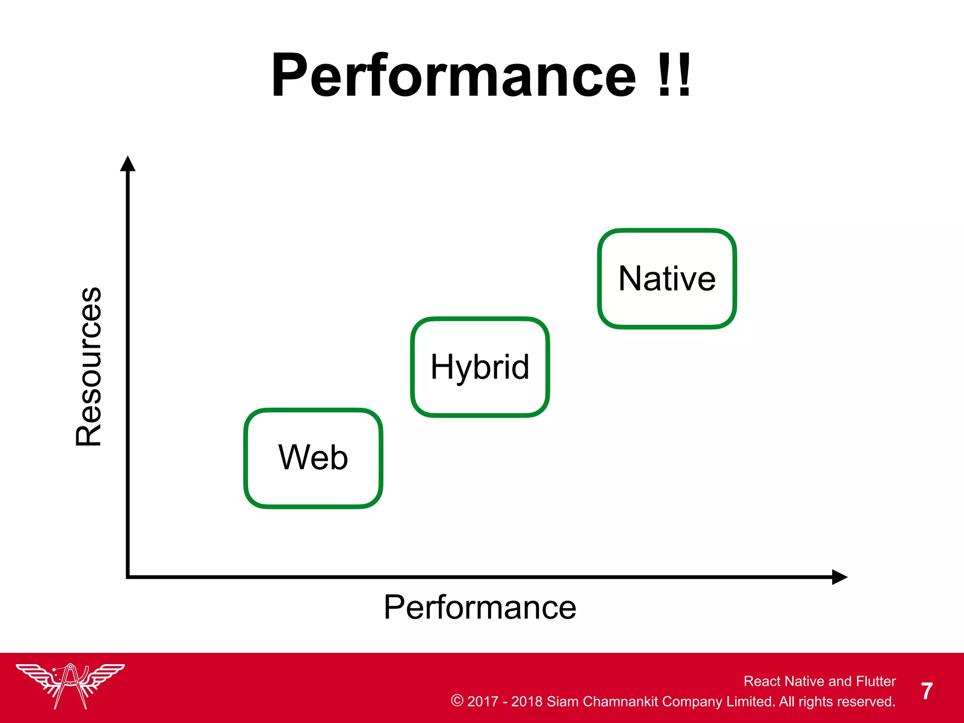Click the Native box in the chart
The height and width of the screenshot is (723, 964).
coord(667,279)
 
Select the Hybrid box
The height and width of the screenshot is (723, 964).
coord(480,367)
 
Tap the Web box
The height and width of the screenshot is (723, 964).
coord(313,458)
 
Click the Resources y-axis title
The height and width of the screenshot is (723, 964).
coord(88,366)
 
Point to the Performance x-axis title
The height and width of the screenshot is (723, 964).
coord(480,607)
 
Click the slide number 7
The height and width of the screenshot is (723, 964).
coord(927,691)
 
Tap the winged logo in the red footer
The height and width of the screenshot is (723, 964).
coord(70,685)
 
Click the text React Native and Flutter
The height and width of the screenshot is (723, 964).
coord(819,681)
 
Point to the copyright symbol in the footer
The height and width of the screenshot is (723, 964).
coord(457,700)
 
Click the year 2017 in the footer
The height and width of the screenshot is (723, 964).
coord(482,701)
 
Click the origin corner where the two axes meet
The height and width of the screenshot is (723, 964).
coord(128,577)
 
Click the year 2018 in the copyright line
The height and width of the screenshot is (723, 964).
coord(527,701)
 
